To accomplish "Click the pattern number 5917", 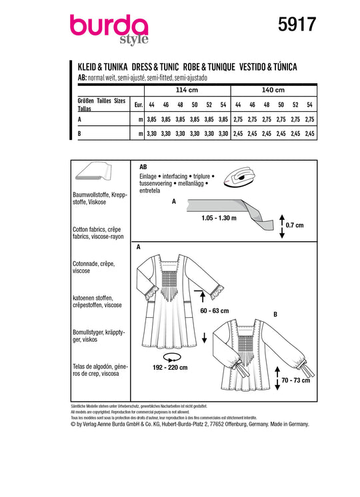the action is [x=297, y=25].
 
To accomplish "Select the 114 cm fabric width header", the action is [x=187, y=90].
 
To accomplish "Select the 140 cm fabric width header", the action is [x=273, y=90].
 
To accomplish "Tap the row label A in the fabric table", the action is [x=79, y=119].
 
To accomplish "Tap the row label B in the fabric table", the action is [x=79, y=134].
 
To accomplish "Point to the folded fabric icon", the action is [x=93, y=171].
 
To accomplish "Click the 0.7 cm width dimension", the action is [x=295, y=225].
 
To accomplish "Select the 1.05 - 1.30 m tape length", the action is [x=219, y=218].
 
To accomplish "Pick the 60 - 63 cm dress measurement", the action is [x=215, y=310].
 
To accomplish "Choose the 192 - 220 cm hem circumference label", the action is [x=170, y=367].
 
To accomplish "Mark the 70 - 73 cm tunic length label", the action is [x=295, y=380].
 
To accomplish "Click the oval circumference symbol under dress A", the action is [x=172, y=357].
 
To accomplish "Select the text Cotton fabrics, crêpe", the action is [x=97, y=229].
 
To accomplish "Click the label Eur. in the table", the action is [x=139, y=105].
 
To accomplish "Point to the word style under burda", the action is [x=134, y=39].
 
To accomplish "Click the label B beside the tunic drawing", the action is [x=275, y=314].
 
